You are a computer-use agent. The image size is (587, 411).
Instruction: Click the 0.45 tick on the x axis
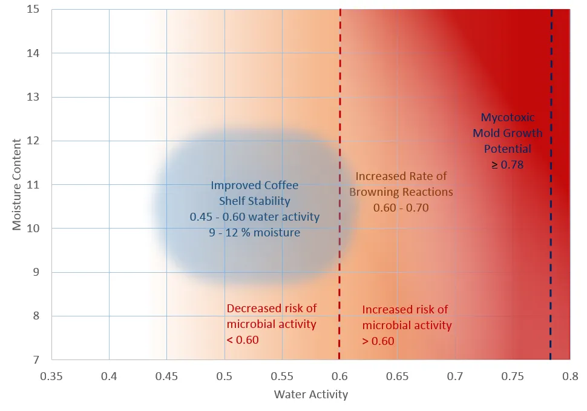click(166, 376)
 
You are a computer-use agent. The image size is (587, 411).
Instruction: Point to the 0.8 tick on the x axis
click(569, 376)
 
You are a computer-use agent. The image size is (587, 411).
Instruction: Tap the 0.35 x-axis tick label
click(51, 376)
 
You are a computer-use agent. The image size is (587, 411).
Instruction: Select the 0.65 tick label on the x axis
click(397, 376)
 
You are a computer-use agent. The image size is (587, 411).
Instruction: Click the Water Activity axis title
click(311, 395)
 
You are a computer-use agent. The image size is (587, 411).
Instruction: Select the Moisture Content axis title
click(17, 184)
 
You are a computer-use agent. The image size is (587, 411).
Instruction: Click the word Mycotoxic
click(507, 118)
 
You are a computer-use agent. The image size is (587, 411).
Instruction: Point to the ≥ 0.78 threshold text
click(507, 164)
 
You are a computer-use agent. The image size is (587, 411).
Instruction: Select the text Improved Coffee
click(254, 185)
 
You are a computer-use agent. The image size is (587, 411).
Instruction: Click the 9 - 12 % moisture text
click(254, 232)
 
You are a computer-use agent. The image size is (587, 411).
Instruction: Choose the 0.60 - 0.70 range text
click(400, 207)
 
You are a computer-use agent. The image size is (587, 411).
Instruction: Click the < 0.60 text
click(242, 340)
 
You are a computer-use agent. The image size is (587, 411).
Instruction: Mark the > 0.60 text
click(378, 341)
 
